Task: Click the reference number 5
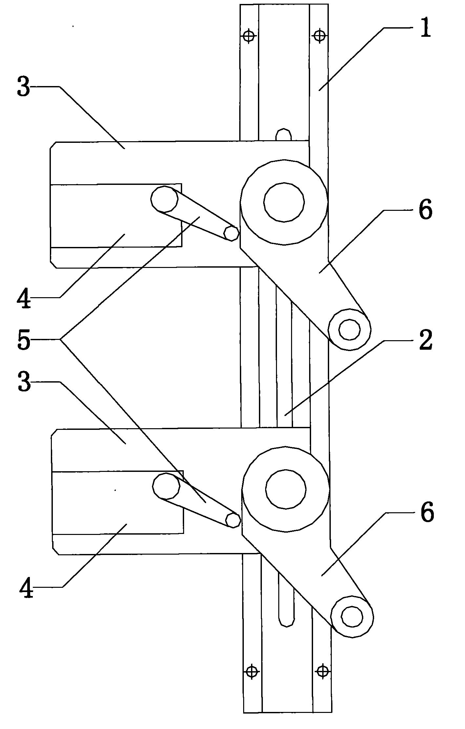click(24, 339)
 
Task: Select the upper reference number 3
click(24, 86)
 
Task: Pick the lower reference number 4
click(26, 587)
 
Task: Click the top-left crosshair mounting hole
click(249, 35)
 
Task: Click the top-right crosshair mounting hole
click(319, 35)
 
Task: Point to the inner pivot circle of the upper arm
click(284, 202)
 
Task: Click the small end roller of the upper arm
click(349, 329)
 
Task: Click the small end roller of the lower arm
click(352, 617)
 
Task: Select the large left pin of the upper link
click(164, 199)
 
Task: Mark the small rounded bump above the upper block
click(284, 135)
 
